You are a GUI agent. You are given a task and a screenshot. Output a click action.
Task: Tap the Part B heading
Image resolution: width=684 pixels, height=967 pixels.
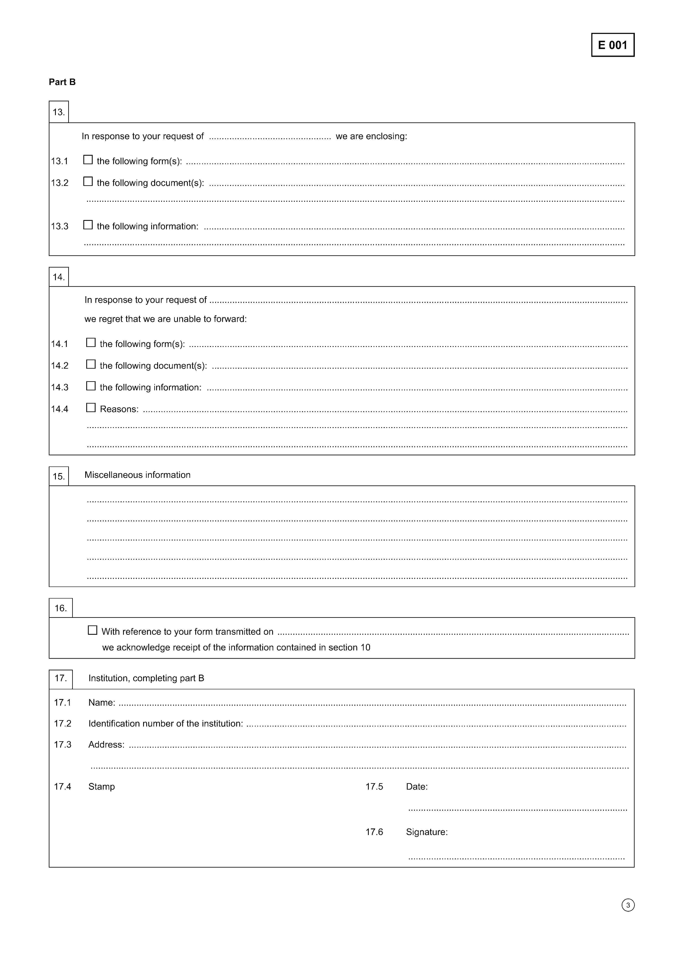coord(62,82)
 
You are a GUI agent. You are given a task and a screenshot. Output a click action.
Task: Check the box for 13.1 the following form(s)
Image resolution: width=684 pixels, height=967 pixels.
coord(88,160)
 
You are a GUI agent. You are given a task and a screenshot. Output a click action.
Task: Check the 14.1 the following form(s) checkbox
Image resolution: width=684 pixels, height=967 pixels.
coord(91,343)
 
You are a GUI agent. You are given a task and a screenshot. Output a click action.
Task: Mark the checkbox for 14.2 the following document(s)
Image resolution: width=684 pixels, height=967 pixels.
coord(91,364)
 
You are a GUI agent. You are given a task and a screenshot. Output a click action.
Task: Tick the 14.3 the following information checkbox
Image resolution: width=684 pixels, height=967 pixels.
coord(91,386)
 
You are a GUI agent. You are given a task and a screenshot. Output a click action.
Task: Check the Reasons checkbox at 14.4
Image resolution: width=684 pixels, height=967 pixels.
coord(91,408)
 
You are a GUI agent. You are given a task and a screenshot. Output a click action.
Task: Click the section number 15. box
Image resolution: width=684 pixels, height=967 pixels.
coord(59,476)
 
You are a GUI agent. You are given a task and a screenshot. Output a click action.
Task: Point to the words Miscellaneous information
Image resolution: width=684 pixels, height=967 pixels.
coord(137,475)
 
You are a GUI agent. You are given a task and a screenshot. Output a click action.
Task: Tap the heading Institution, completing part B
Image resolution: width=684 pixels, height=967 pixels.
coord(146,678)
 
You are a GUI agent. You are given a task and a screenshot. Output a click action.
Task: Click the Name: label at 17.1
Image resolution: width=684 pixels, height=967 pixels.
coord(102,703)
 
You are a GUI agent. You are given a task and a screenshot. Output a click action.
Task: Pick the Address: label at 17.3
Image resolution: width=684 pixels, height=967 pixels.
coord(106,745)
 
